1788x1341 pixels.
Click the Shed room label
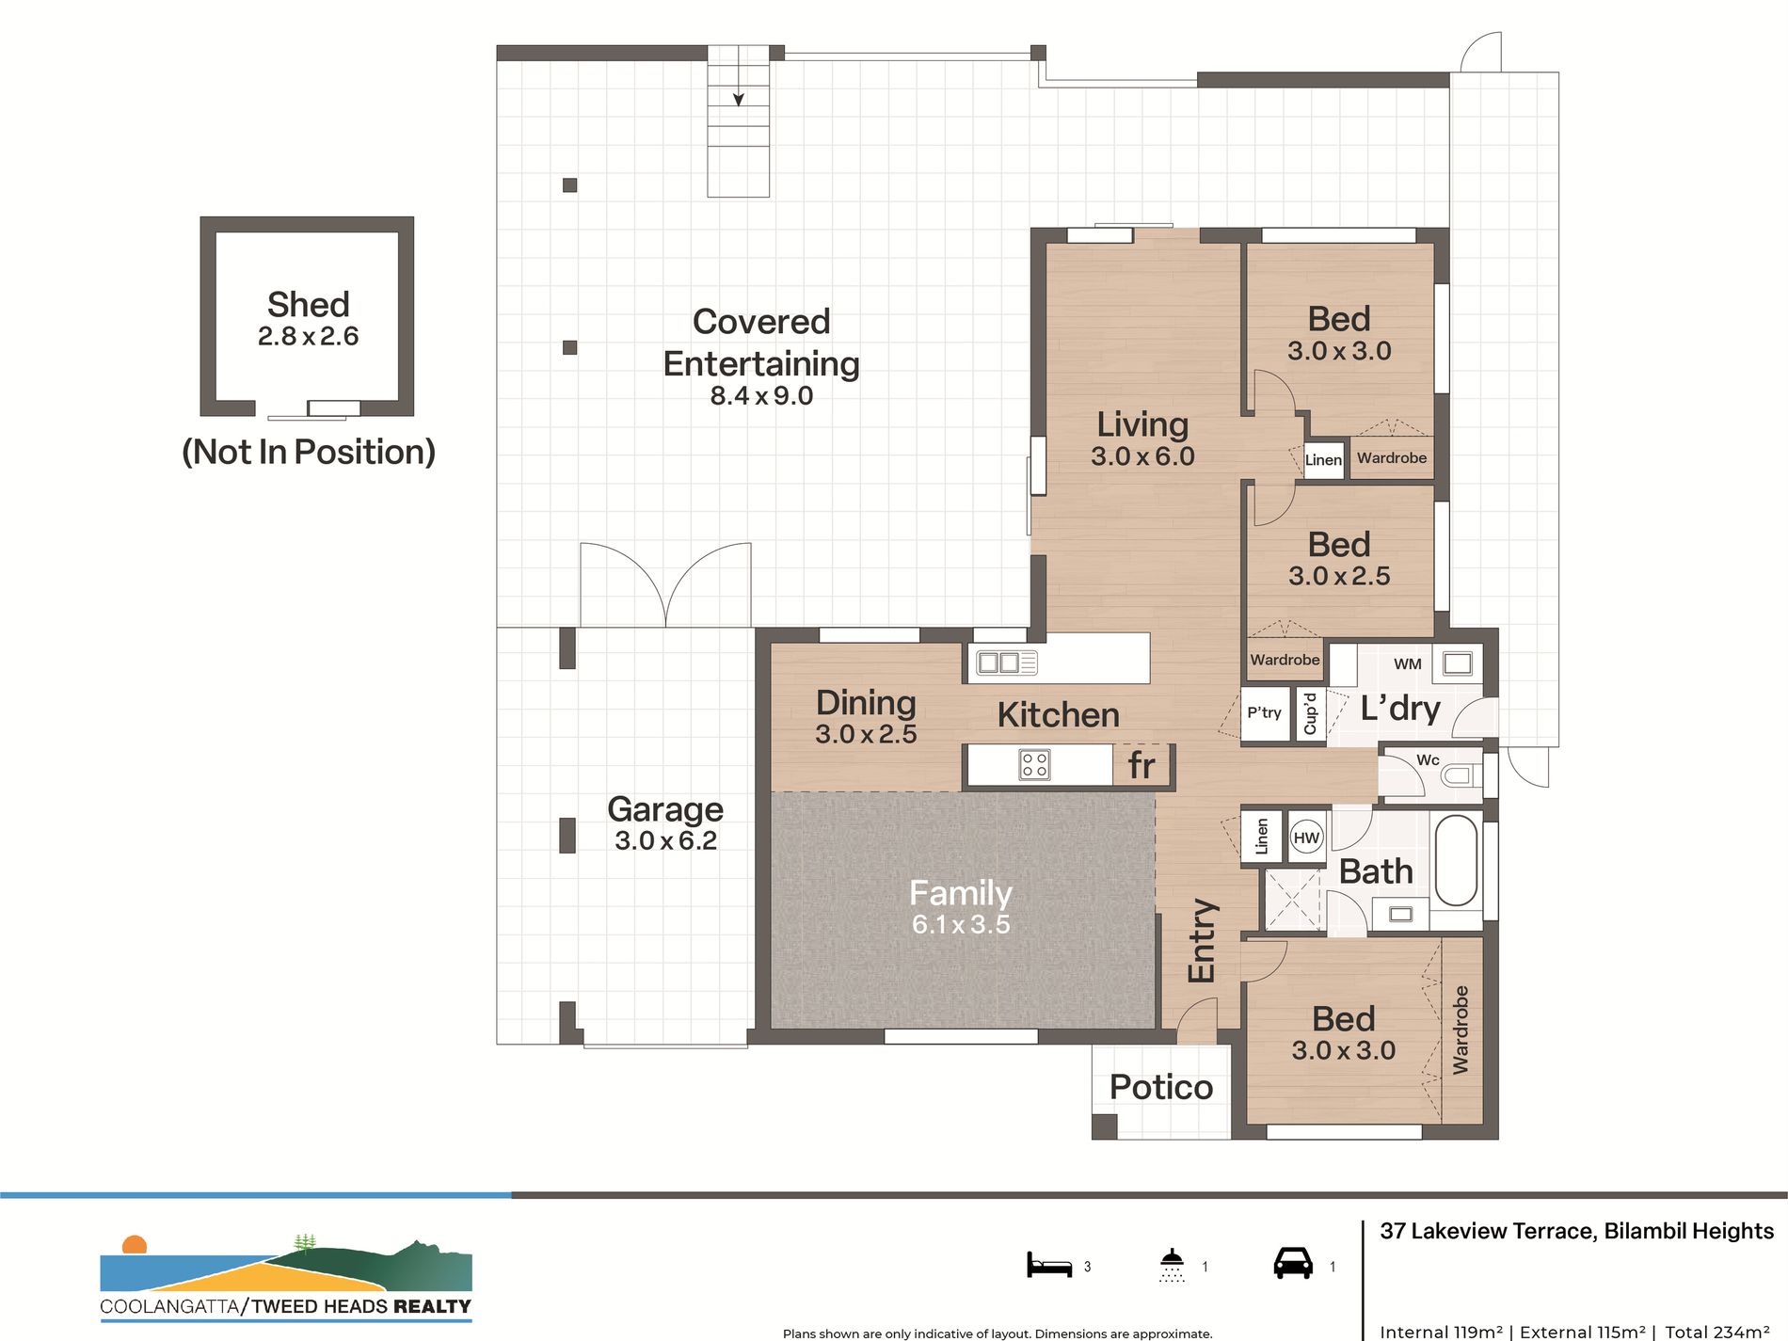308,305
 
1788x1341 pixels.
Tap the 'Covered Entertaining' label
761,343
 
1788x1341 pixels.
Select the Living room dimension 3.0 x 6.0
1142,456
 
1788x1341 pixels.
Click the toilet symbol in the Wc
1461,775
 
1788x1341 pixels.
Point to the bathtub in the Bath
1457,860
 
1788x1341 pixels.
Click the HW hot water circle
1306,838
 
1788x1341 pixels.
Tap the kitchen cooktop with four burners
1034,764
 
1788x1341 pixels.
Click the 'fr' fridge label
1141,765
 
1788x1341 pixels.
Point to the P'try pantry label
1264,712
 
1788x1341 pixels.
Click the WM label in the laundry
1407,663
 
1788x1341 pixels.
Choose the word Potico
1161,1087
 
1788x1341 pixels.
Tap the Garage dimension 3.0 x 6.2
665,840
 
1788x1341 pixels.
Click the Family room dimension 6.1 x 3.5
961,924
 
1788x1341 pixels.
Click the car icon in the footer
1293,1263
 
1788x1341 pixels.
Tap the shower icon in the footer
1172,1265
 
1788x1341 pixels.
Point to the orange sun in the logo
135,1244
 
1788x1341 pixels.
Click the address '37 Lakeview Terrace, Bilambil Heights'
1576,1231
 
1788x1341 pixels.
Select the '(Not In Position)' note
309,452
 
